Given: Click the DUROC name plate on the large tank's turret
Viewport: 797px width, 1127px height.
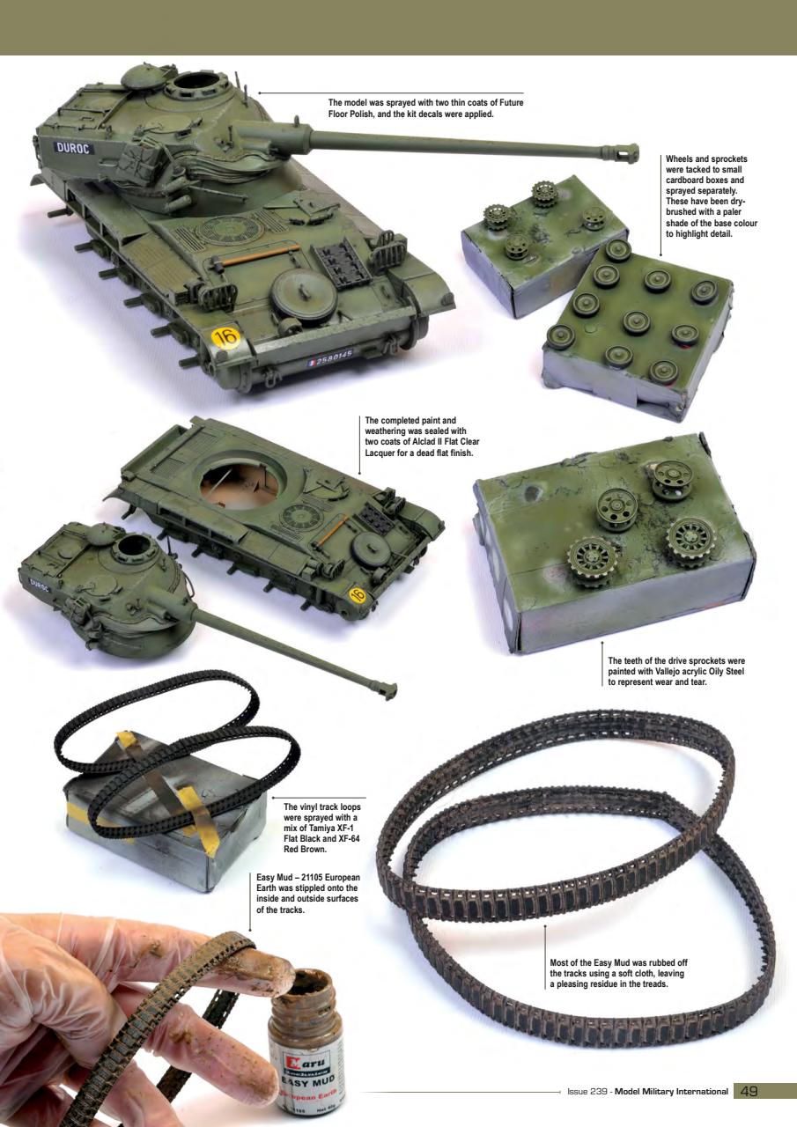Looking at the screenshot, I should tap(75, 148).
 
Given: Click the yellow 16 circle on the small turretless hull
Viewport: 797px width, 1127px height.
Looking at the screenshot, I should tap(357, 595).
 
